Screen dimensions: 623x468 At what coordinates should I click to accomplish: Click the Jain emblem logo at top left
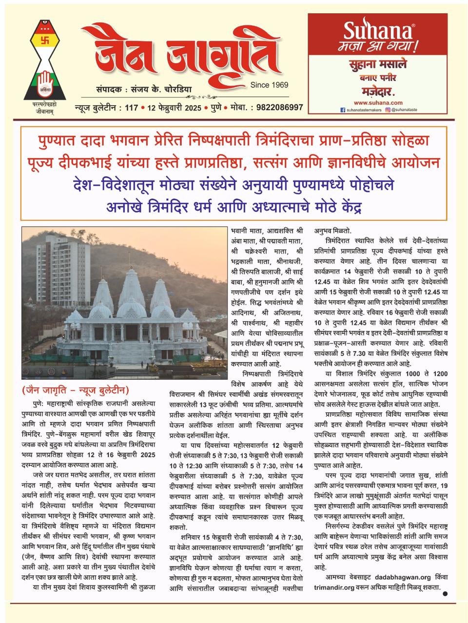tap(47, 61)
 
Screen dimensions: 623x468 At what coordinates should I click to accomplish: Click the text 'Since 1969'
tap(269, 85)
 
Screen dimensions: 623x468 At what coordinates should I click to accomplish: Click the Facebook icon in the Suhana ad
tap(342, 110)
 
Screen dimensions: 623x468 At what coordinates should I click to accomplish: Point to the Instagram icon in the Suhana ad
tap(388, 110)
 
